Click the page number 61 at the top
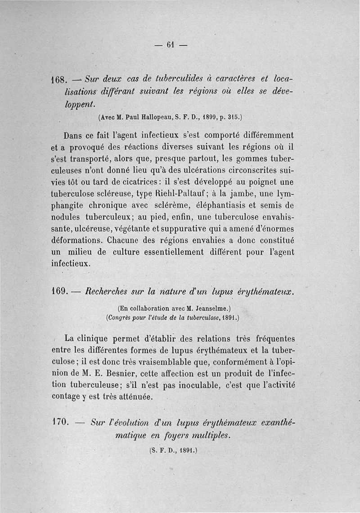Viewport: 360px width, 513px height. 170,45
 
